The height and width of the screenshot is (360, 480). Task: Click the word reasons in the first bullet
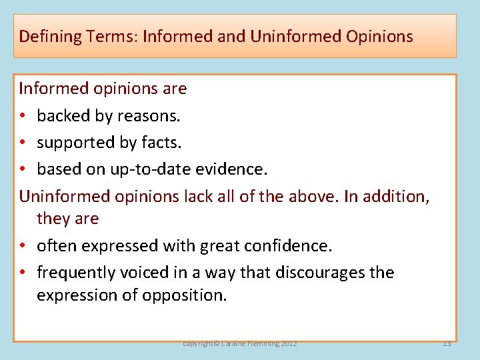148,116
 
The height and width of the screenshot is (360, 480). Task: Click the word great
219,246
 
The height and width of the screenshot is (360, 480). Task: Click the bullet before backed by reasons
23,116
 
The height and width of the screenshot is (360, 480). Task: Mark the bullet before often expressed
23,246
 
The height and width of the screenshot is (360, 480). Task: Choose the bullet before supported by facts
23,143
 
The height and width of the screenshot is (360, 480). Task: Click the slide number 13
447,343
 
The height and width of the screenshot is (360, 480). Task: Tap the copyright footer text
240,343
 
